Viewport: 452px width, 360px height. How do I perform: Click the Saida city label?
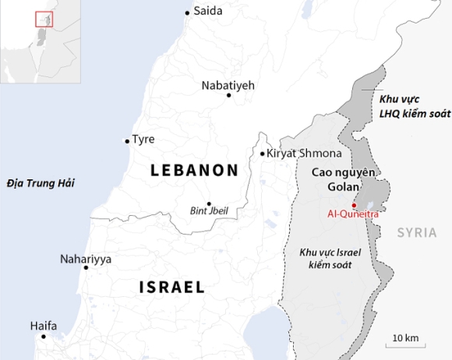[x=207, y=11]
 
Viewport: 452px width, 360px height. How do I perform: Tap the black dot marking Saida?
[x=187, y=12]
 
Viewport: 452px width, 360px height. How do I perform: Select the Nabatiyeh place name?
[x=228, y=85]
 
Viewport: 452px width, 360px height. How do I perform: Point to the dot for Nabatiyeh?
[x=228, y=96]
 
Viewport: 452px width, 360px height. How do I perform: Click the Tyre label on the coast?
[x=143, y=139]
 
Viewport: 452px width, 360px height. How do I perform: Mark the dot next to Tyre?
[x=127, y=141]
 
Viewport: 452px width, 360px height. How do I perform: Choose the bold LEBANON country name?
[x=194, y=170]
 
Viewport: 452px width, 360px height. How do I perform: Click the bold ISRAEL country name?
[x=172, y=287]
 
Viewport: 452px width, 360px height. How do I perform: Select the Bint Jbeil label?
[x=209, y=210]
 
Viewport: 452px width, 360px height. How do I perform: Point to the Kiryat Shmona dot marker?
[x=263, y=154]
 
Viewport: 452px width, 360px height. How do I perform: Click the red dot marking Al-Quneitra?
[x=354, y=205]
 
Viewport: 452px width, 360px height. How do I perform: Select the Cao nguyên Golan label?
[x=344, y=179]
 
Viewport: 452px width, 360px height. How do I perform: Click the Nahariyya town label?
[x=85, y=259]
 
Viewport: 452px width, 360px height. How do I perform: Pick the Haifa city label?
[x=44, y=326]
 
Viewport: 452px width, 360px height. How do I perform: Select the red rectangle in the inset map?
[x=44, y=19]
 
